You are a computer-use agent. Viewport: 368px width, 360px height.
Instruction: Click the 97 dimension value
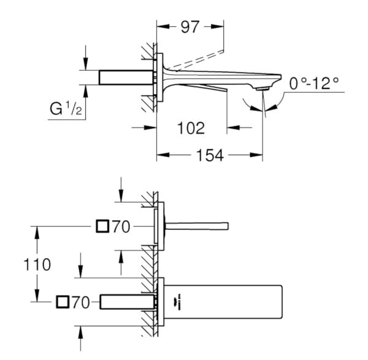(190, 27)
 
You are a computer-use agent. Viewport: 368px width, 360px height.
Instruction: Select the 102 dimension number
(191, 128)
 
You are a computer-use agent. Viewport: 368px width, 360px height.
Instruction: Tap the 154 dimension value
(210, 155)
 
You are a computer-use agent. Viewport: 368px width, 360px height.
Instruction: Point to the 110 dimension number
(37, 264)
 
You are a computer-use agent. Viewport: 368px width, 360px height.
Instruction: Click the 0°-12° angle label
(314, 83)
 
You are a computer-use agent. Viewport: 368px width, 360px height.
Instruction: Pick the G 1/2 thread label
(66, 109)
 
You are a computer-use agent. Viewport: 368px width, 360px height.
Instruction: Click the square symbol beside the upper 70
(102, 226)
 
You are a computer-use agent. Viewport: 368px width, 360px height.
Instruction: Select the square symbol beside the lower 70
(63, 302)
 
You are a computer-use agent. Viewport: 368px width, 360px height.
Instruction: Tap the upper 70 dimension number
(121, 227)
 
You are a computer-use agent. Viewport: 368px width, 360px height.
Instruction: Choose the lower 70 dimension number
(81, 302)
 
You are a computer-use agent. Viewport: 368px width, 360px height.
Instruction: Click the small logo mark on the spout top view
(180, 302)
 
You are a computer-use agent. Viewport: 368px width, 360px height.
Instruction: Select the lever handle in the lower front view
(197, 226)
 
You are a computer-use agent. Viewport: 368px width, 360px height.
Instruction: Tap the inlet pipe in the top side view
(126, 77)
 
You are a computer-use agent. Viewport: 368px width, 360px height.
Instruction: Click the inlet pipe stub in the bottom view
(127, 302)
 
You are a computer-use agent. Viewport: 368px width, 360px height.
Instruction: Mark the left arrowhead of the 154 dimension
(163, 155)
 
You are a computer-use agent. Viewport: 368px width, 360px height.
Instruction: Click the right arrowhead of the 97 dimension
(217, 26)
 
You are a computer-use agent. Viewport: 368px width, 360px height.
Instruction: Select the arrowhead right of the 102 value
(233, 128)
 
